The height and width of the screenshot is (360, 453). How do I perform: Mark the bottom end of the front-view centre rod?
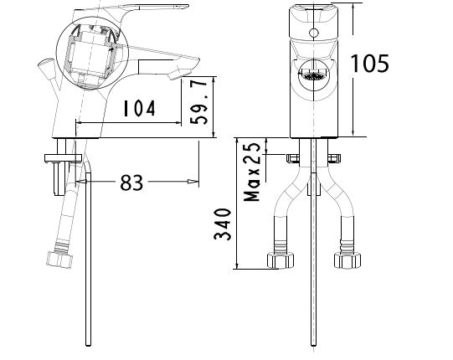click(312, 346)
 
